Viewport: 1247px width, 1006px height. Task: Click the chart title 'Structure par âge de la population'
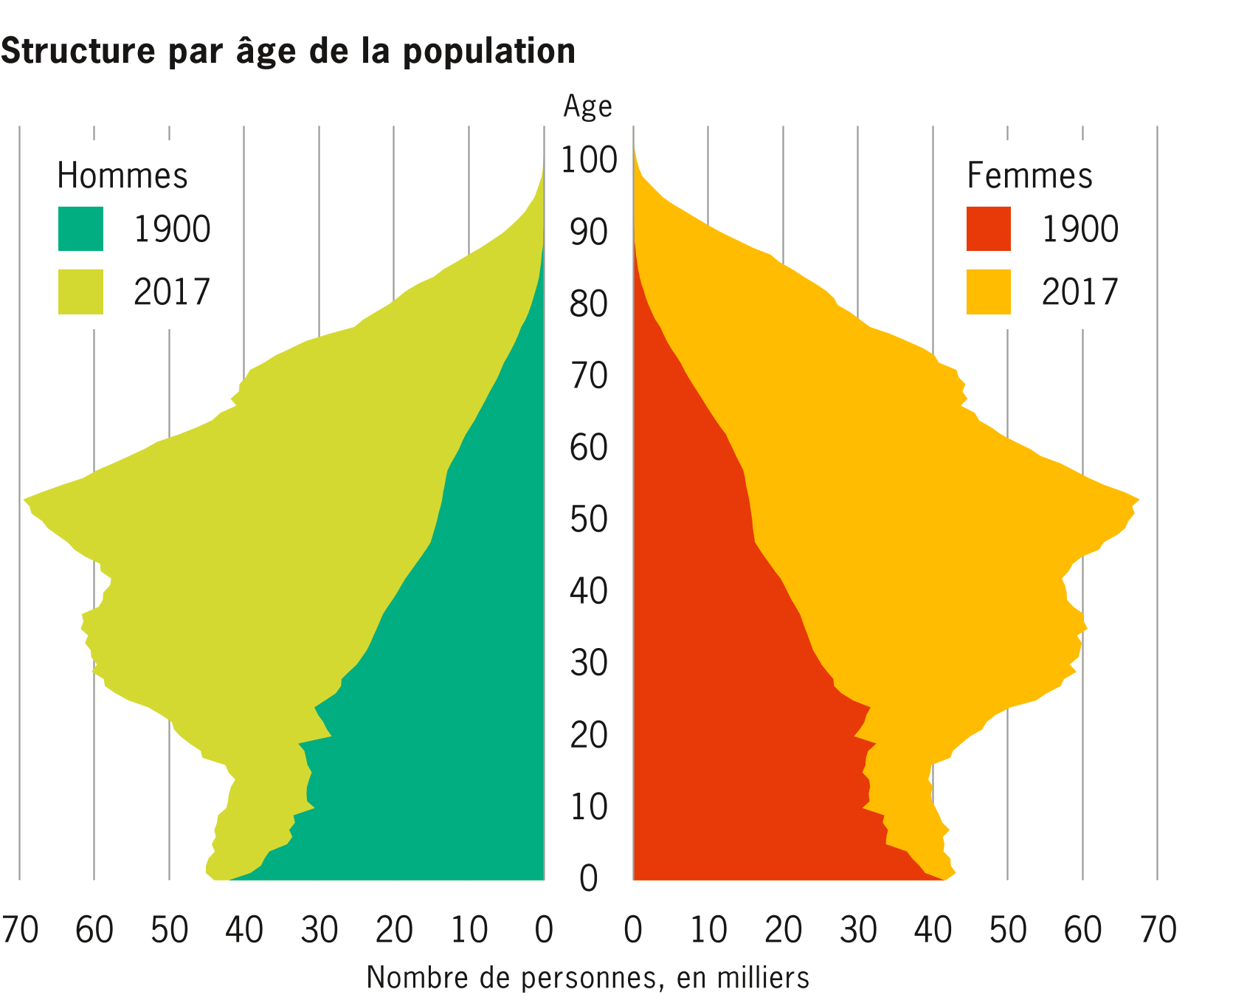tap(288, 52)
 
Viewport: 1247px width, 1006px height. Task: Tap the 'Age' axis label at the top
tap(587, 107)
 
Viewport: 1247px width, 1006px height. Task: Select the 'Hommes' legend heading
tap(122, 176)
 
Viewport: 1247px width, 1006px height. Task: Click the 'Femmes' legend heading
tap(1029, 176)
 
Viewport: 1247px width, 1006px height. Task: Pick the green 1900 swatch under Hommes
tap(80, 229)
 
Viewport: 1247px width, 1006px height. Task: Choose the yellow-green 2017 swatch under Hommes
tap(80, 292)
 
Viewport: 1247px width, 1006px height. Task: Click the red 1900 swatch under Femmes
tap(989, 229)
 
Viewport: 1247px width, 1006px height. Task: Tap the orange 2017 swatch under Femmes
tap(989, 292)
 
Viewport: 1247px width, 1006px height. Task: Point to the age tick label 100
tap(589, 161)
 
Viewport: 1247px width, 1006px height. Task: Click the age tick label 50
tap(589, 520)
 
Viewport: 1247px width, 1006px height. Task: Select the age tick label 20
tap(589, 736)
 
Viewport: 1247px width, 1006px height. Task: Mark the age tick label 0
tap(589, 879)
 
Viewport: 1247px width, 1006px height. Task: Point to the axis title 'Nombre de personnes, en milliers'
tap(587, 978)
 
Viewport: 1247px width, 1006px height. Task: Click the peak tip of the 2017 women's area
tap(1138, 500)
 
